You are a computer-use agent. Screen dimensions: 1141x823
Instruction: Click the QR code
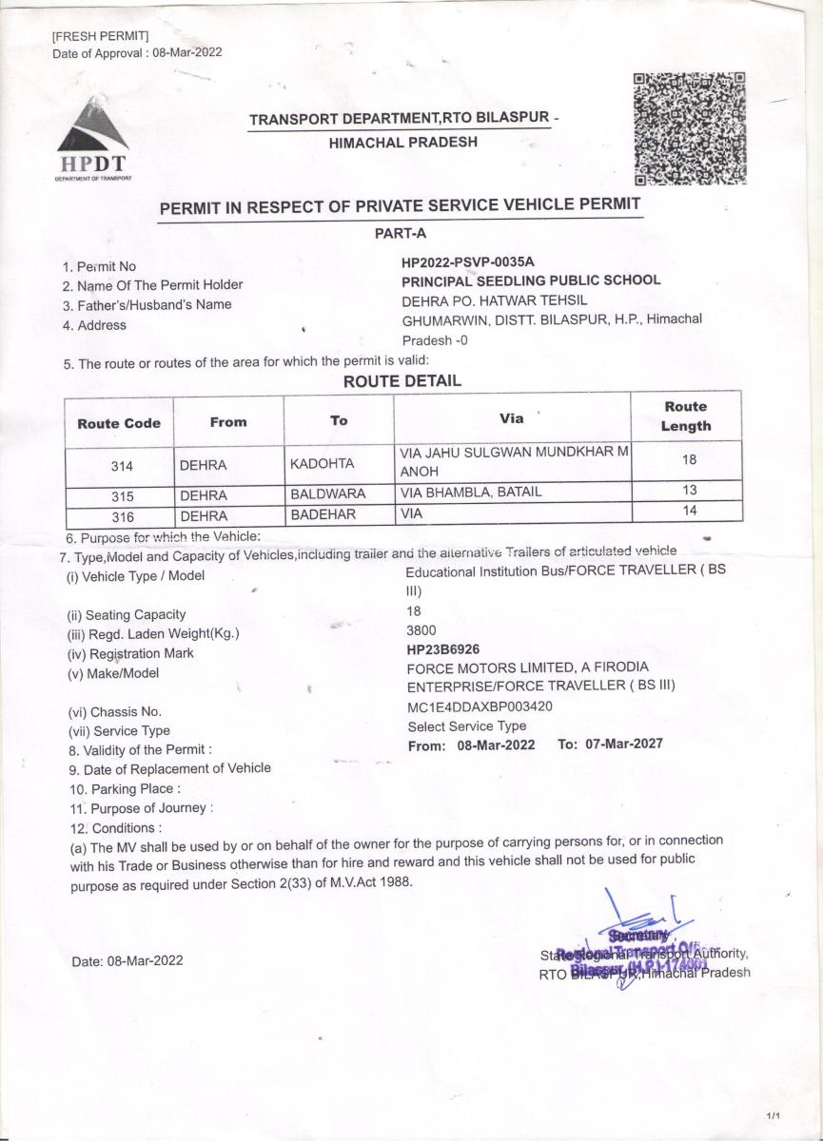690,128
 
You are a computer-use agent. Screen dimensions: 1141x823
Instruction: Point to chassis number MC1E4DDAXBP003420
480,706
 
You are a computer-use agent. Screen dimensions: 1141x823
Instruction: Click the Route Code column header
119,423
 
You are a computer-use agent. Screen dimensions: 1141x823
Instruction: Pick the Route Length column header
685,416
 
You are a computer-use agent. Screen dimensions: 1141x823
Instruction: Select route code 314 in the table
119,466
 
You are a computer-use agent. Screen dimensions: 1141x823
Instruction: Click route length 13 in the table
690,491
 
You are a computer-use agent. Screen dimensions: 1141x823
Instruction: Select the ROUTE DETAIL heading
402,381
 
